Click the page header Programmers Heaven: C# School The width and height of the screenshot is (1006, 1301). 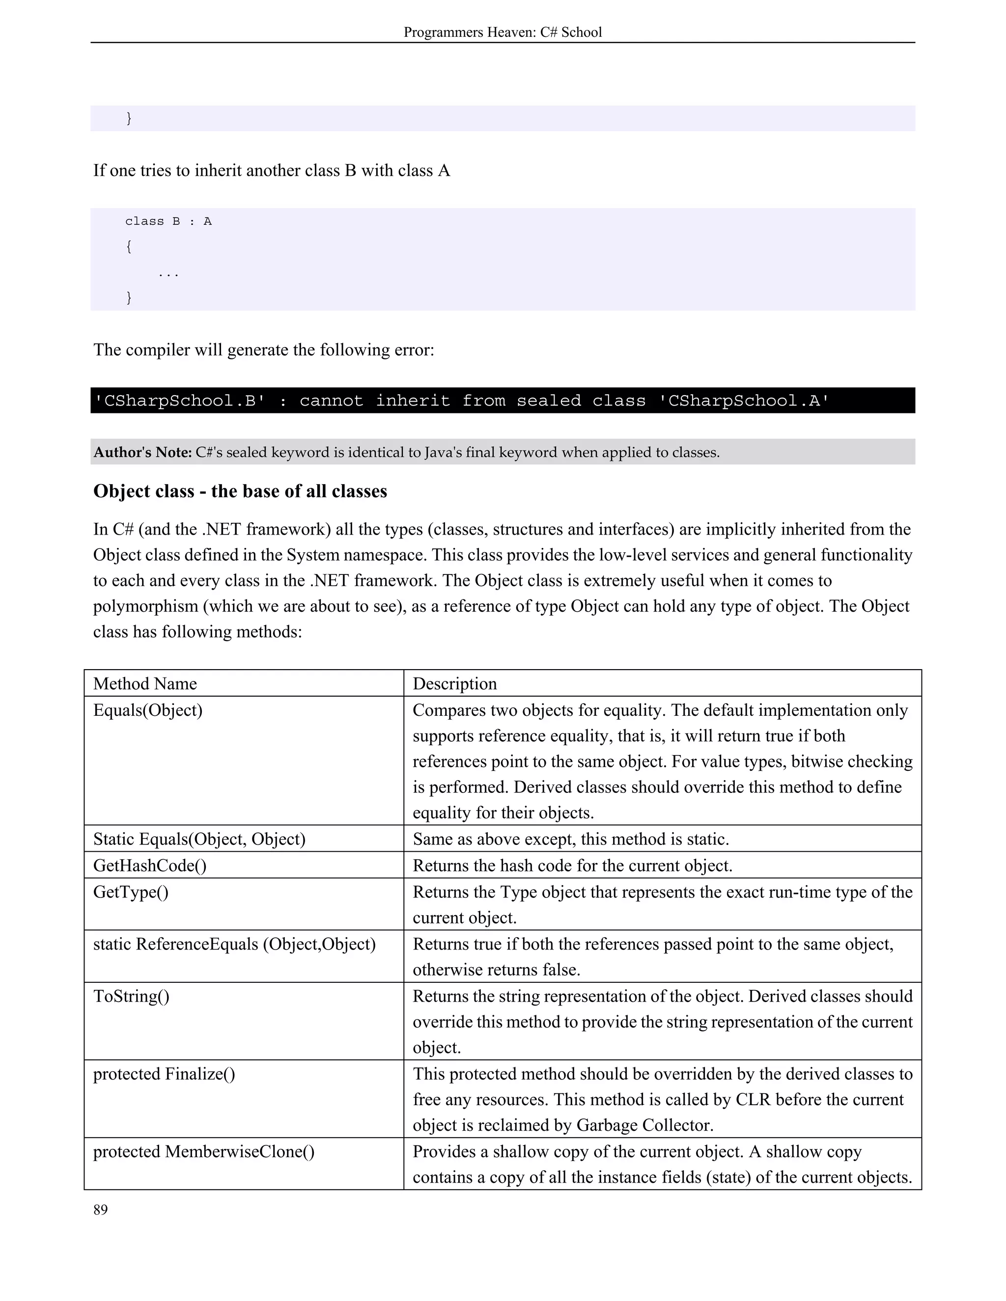pos(503,32)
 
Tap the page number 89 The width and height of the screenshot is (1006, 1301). pos(101,1210)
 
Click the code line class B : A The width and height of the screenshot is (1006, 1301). pos(168,221)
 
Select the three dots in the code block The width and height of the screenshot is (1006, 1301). pos(168,274)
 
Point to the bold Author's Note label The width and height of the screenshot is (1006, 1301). pos(142,453)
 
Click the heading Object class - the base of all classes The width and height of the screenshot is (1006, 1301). pos(240,491)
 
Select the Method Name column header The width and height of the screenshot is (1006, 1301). pos(145,684)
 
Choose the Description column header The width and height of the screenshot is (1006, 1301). pos(455,684)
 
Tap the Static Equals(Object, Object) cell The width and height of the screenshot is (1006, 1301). pos(199,840)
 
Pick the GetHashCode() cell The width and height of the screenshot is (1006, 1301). pos(150,866)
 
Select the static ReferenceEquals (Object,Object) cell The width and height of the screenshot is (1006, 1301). pos(234,944)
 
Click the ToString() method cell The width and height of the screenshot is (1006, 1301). pos(131,997)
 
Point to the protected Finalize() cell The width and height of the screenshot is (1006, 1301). pos(164,1074)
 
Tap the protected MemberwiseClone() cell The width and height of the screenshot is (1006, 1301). pos(203,1151)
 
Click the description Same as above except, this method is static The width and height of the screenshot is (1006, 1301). pos(570,840)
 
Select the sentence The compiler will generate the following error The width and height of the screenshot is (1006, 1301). pos(263,350)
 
